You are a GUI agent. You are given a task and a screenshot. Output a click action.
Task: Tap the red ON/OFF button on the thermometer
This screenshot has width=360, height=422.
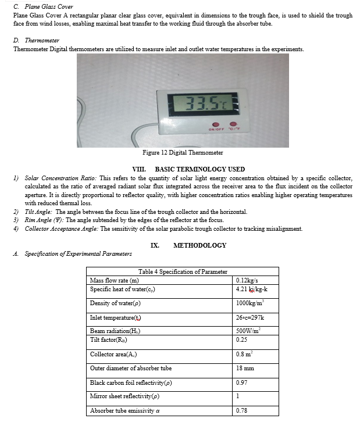tap(215, 124)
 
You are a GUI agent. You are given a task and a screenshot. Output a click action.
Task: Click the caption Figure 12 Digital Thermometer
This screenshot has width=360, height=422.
tap(183, 153)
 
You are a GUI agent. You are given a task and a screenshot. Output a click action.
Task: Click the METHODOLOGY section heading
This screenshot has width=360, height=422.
tap(199, 245)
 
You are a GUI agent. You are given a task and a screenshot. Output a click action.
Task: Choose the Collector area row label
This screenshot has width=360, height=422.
tap(113, 354)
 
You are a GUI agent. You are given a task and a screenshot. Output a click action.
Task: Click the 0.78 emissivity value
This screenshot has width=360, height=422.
tap(243, 411)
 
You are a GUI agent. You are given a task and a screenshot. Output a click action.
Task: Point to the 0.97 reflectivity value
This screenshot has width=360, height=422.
tap(243, 382)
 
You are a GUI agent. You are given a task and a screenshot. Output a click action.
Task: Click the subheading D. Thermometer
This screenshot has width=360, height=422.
tap(36, 40)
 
